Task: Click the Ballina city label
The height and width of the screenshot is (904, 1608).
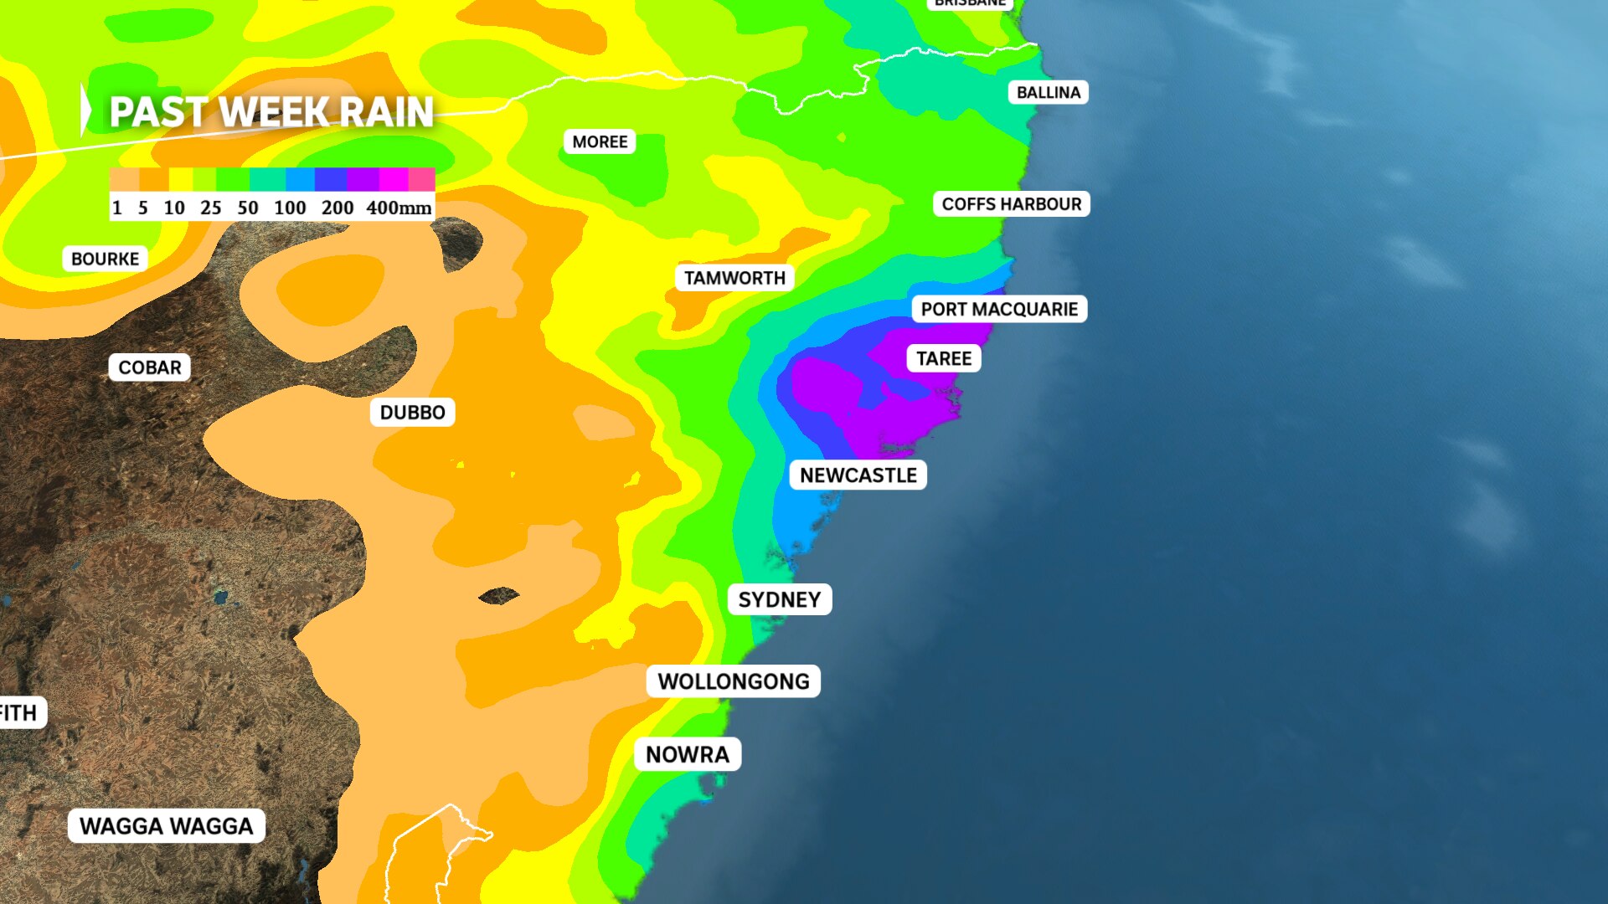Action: coord(1048,92)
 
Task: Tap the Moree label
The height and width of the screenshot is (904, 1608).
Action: coord(600,141)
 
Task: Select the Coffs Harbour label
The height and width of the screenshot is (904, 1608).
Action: coord(1011,204)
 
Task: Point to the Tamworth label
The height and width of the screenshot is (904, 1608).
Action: coord(734,278)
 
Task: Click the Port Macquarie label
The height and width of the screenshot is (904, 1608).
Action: coord(999,309)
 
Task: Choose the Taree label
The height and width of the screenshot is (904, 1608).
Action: coord(943,358)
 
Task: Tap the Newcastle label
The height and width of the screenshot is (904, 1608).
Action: coord(858,475)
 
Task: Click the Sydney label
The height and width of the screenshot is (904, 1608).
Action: coord(779,599)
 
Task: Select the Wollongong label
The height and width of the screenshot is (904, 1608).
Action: coord(733,681)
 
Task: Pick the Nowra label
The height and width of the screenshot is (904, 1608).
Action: coord(687,754)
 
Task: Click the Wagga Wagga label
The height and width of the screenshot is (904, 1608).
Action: coord(166,826)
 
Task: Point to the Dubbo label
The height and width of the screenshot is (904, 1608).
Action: coord(412,413)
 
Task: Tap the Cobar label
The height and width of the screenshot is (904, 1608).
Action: coord(149,367)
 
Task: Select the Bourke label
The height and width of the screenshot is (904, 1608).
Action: coord(105,259)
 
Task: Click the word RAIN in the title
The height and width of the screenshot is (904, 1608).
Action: coord(386,112)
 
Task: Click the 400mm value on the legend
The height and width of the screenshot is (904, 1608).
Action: coord(399,208)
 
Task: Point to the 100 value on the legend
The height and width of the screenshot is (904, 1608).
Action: coord(290,208)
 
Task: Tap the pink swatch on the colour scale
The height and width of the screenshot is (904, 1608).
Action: coord(421,179)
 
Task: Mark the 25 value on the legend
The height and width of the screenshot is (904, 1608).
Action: coord(210,208)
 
